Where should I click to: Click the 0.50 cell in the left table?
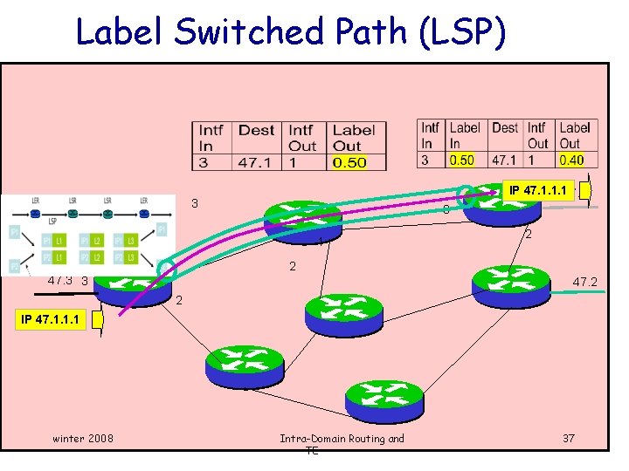349,162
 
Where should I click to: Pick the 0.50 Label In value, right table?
462,160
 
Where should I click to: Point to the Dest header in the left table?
256,130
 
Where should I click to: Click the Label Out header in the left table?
353,138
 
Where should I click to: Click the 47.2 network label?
584,283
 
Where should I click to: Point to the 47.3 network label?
60,281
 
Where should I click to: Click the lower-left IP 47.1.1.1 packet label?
51,320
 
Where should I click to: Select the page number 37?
568,437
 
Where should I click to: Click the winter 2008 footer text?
82,437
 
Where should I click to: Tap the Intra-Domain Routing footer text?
342,439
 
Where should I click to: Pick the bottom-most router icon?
377,399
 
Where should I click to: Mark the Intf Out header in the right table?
537,135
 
